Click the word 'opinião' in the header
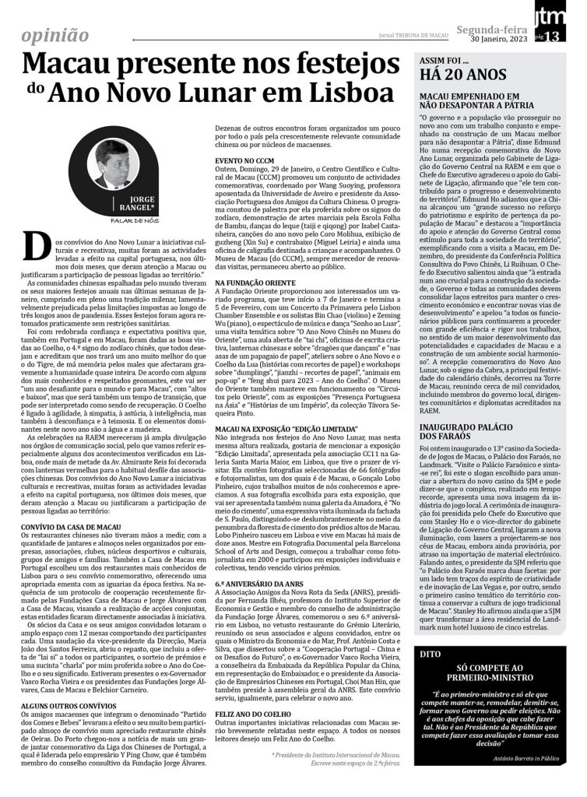pyautogui.click(x=54, y=35)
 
